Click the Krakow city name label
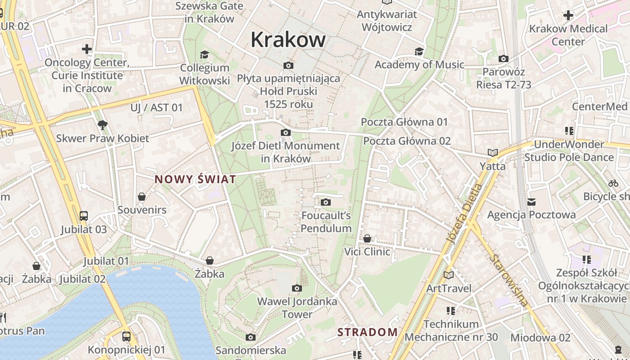click(288, 39)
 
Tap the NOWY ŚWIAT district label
click(195, 180)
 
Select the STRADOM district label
click(368, 333)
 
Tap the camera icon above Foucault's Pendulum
click(326, 202)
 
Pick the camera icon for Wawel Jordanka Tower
click(297, 288)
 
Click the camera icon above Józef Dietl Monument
click(285, 133)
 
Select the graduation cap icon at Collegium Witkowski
click(205, 54)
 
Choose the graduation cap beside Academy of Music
click(419, 51)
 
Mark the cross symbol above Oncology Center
click(87, 49)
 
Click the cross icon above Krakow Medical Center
click(568, 15)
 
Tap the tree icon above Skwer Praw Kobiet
click(103, 125)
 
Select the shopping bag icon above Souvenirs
click(142, 197)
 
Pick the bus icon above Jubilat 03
click(84, 216)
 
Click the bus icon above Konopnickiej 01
click(126, 336)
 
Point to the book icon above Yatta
click(493, 153)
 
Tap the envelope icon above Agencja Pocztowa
click(531, 202)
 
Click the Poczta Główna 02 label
click(407, 141)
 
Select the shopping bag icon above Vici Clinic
click(367, 238)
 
